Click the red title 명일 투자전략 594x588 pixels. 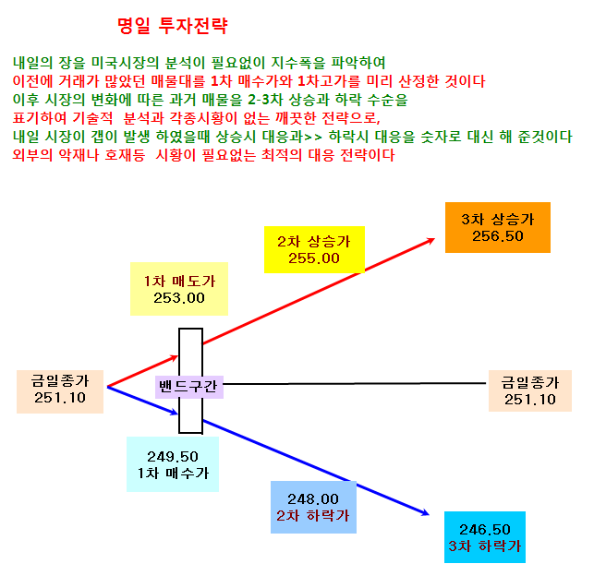(173, 26)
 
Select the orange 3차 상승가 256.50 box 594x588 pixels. (497, 227)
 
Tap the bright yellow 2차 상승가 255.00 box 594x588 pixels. (314, 249)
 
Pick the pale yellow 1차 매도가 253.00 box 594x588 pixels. (179, 289)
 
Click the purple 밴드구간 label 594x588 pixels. (189, 387)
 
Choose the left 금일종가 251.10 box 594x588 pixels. (60, 391)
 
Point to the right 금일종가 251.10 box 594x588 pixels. (530, 390)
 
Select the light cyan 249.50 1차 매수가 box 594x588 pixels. (173, 464)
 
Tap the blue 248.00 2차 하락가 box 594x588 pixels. (313, 507)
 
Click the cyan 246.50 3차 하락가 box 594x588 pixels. (484, 537)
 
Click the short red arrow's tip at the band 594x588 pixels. (178, 356)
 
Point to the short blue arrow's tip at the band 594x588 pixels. (178, 414)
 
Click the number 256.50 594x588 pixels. (497, 236)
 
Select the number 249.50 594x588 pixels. (173, 457)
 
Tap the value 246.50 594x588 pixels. (484, 529)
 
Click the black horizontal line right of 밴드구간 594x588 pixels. (355, 384)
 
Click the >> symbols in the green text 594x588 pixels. (313, 137)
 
